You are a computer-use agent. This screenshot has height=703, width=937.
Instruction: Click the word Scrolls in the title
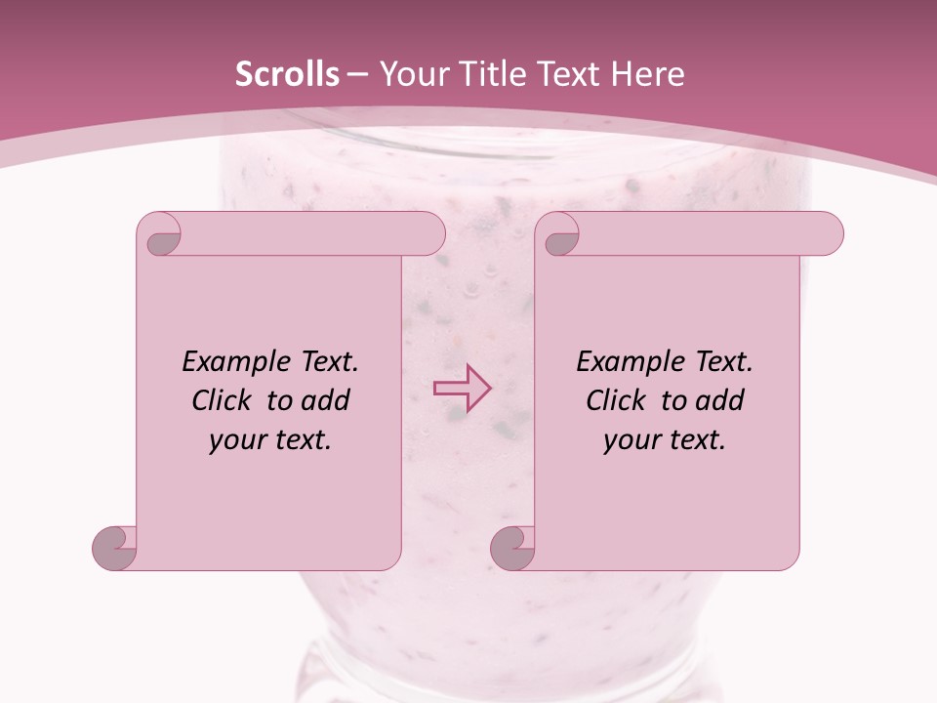(287, 74)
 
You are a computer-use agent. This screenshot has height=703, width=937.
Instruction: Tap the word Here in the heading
(647, 74)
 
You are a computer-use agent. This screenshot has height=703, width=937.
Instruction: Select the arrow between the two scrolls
(462, 388)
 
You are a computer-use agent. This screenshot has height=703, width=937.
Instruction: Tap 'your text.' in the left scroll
(270, 440)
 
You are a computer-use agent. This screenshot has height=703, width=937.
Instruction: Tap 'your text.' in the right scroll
(665, 440)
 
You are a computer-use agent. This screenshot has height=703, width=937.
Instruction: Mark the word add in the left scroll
(326, 400)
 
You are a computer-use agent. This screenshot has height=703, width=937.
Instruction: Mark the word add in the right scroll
(720, 400)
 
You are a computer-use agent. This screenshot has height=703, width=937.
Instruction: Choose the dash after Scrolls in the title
(357, 75)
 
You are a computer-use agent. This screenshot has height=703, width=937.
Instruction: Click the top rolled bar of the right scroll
(703, 233)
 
